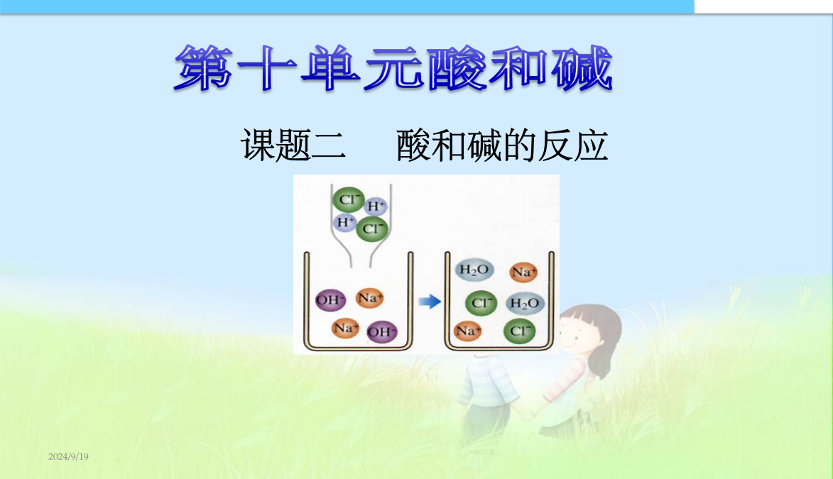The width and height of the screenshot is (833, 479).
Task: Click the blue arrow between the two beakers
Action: coord(430,302)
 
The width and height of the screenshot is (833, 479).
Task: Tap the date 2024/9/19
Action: coord(69,457)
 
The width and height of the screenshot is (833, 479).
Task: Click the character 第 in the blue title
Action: coord(204,68)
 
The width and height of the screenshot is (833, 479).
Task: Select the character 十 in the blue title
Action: coord(267,68)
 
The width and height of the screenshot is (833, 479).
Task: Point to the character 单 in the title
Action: coord(331,68)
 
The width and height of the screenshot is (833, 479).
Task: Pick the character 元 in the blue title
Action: coord(393,68)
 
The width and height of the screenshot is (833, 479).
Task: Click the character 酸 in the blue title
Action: coord(457,68)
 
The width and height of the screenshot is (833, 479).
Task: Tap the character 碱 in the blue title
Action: coord(582,68)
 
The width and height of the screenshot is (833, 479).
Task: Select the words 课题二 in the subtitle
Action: coord(294,145)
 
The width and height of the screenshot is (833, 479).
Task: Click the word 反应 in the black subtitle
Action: coord(573,145)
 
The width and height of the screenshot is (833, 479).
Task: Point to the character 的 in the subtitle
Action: coord(519,145)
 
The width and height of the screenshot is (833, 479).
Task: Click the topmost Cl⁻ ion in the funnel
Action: coord(349,199)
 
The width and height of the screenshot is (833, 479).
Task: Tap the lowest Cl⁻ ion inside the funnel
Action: coord(372,229)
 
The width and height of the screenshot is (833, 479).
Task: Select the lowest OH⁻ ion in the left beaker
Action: coord(382,332)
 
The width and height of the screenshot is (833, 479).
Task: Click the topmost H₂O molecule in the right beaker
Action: coord(474,270)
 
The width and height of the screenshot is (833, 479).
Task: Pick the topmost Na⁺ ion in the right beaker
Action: coord(523,272)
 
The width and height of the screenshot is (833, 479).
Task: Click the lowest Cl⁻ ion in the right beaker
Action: coord(519,331)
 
